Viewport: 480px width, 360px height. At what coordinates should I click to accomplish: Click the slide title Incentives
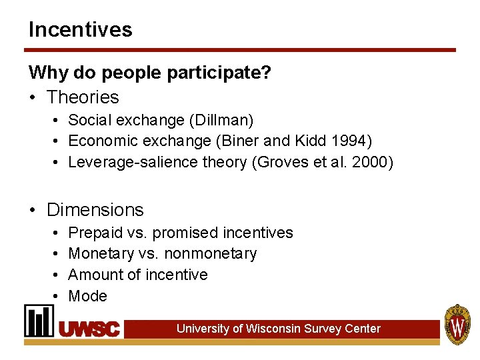80,29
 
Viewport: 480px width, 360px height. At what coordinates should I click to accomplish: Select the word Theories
83,97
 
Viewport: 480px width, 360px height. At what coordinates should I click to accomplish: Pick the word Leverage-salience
126,162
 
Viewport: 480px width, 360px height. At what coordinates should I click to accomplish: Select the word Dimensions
95,210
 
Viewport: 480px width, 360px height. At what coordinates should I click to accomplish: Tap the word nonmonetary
210,254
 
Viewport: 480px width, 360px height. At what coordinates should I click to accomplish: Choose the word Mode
87,296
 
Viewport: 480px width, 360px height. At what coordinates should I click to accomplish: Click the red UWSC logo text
89,329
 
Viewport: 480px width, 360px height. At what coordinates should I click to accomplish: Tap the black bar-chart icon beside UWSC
39,321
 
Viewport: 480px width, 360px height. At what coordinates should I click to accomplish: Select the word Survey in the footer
322,329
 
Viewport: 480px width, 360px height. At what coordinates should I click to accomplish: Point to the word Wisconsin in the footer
270,329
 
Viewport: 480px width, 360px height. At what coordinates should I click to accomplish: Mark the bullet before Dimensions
32,210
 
